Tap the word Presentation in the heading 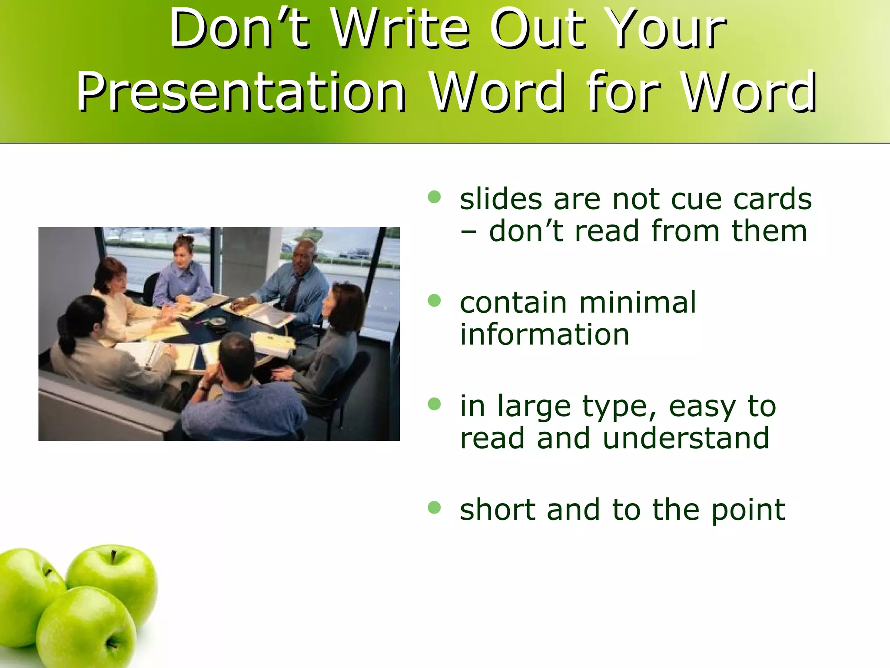(242, 92)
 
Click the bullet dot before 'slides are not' (434, 197)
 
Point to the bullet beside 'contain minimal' (434, 301)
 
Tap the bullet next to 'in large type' (434, 404)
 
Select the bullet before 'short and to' (434, 507)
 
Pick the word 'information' (545, 334)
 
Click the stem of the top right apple (113, 556)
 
